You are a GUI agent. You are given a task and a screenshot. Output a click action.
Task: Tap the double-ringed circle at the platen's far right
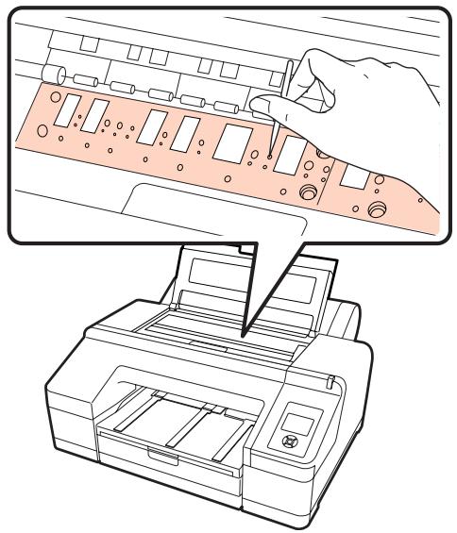(379, 208)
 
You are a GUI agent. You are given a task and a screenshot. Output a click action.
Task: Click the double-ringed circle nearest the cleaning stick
(307, 192)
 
